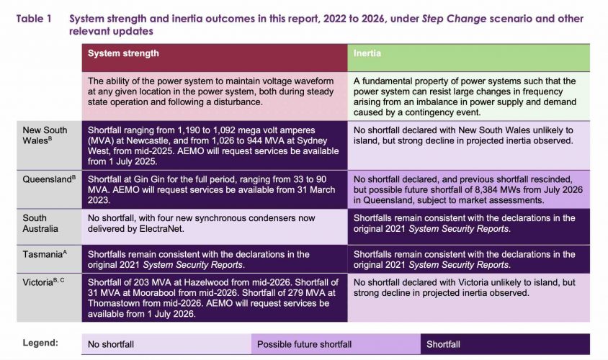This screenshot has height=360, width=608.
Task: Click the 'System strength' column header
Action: pyautogui.click(x=123, y=53)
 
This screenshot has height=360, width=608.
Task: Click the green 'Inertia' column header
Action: pyautogui.click(x=369, y=53)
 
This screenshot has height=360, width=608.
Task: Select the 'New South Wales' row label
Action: pyautogui.click(x=45, y=135)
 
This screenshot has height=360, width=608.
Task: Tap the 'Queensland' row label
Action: pyautogui.click(x=48, y=176)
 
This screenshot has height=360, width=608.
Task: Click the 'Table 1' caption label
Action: pyautogui.click(x=34, y=19)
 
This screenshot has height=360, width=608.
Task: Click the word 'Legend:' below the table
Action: pyautogui.click(x=40, y=343)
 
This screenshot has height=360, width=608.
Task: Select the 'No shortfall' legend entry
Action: pyautogui.click(x=112, y=344)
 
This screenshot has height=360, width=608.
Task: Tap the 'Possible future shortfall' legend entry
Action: pyautogui.click(x=305, y=344)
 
